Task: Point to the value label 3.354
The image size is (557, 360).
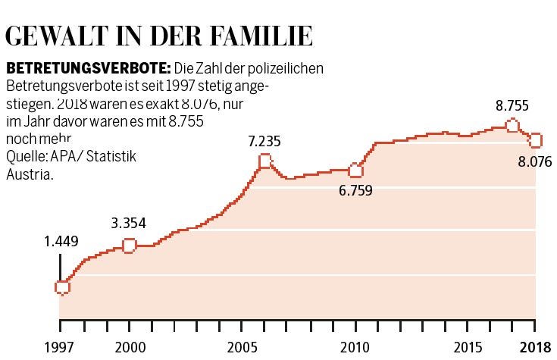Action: pos(128,223)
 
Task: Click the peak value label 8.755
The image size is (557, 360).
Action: pos(512,105)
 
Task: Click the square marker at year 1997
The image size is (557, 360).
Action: pos(62,287)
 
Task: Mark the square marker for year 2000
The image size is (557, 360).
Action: pos(129,245)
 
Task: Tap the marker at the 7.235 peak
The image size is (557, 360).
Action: pos(264,161)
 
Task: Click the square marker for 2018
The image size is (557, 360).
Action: pos(536,140)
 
